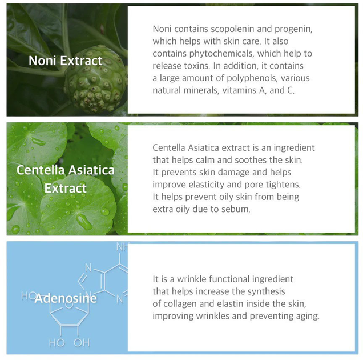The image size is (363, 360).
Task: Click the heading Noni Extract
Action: [66, 61]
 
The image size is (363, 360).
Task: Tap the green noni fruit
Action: [95, 79]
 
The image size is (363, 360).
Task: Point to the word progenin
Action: [293, 30]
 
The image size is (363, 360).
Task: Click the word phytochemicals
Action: [222, 54]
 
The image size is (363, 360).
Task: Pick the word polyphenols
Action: [252, 78]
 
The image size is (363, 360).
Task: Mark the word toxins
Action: [197, 66]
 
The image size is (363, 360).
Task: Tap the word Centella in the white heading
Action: [41, 170]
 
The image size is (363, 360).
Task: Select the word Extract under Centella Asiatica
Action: [66, 188]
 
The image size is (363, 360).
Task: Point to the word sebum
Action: [236, 209]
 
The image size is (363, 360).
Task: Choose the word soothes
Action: [251, 160]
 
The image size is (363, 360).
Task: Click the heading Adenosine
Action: [66, 298]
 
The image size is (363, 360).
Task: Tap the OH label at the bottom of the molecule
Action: [82, 343]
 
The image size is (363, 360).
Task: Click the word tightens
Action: [283, 185]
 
